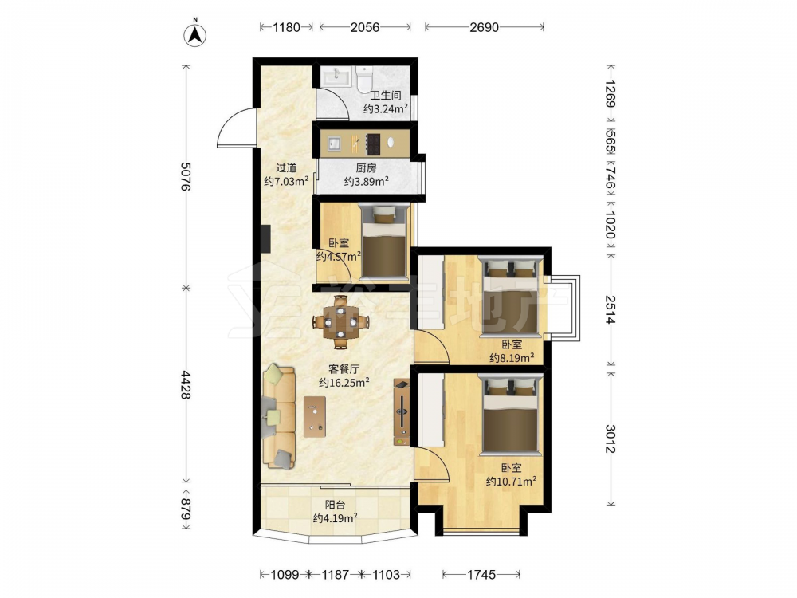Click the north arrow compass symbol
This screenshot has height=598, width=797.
(x=194, y=34)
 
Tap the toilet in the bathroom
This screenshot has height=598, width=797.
(x=364, y=79)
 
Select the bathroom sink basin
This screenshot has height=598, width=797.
(x=336, y=77)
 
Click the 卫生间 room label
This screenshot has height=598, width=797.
(x=385, y=95)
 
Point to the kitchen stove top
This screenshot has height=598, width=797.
(x=374, y=144)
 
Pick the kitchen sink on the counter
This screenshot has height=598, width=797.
(x=334, y=144)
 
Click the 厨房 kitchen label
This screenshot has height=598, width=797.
(x=366, y=167)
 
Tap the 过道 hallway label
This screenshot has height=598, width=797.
(x=286, y=167)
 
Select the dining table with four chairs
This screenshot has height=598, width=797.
(x=341, y=321)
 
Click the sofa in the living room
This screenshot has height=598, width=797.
(x=279, y=415)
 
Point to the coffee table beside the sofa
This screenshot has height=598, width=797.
(x=315, y=416)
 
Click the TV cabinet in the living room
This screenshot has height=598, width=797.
(x=402, y=412)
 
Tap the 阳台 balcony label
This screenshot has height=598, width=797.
(x=336, y=505)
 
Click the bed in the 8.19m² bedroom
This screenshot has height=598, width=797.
(x=510, y=296)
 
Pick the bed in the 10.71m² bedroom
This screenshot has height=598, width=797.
(x=510, y=413)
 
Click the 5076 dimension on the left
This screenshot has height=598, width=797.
(x=186, y=176)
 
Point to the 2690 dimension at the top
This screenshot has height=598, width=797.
(x=484, y=27)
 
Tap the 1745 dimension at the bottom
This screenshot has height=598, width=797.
(x=481, y=575)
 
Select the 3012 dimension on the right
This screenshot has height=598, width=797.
(x=611, y=439)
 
